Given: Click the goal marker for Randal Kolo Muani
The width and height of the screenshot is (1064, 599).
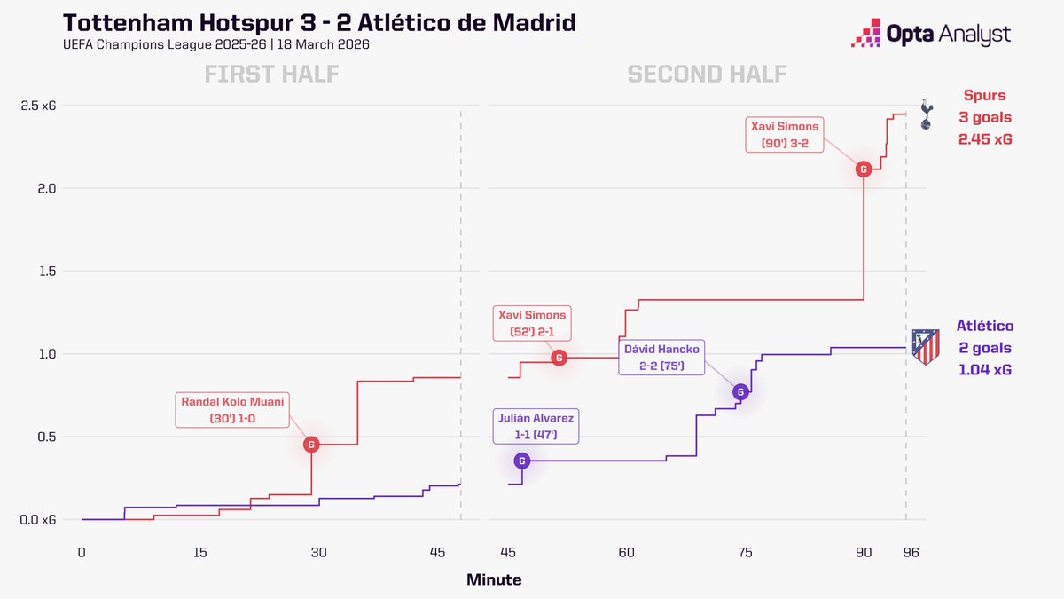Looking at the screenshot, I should click(311, 445).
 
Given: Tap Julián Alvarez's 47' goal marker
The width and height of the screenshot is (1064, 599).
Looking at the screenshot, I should click(521, 461).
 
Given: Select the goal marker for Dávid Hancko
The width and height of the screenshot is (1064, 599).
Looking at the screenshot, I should click(740, 391).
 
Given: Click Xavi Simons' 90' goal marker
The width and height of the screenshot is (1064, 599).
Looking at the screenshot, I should click(863, 169).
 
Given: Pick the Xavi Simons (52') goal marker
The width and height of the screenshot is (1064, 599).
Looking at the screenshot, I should click(559, 358).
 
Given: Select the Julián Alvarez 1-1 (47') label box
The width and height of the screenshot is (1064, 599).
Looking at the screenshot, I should click(536, 426).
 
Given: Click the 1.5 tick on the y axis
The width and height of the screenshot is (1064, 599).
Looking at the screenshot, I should click(45, 272).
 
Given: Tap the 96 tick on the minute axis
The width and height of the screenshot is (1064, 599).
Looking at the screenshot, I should click(911, 552).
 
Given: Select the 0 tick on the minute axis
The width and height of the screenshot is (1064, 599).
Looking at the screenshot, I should click(82, 552).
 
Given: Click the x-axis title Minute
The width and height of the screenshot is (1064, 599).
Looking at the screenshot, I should click(494, 580).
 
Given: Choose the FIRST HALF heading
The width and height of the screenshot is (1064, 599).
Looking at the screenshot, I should click(271, 74).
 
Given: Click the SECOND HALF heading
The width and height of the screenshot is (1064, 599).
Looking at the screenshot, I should click(707, 74).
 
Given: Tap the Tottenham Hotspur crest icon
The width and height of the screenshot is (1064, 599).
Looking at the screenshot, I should click(926, 114).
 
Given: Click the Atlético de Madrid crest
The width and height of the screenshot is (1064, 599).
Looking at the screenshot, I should click(925, 347).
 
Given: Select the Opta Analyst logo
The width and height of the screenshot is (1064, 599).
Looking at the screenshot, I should click(930, 35).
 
